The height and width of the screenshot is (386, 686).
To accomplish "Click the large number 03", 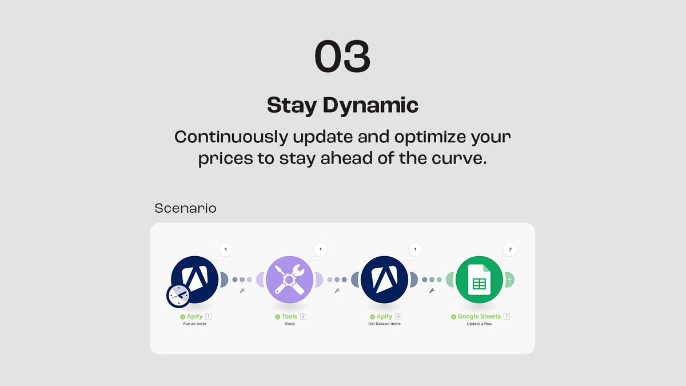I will coord(342,57).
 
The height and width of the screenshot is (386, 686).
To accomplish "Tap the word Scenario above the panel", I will coord(185,208).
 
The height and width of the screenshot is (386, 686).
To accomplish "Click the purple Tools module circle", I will coord(290,280).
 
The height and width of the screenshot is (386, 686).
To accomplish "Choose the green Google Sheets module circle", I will coord(479,280).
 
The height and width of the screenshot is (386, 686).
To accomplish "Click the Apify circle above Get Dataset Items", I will coord(384,280).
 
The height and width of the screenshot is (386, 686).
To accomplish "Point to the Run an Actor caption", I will coord(196,324).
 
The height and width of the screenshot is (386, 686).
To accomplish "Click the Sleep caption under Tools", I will coord(290,324).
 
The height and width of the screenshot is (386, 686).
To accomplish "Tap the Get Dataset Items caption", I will coord(384,324).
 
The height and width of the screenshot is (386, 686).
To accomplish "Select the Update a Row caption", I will coord(479,324).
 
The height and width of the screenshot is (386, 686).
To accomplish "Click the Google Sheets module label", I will coord(479,316).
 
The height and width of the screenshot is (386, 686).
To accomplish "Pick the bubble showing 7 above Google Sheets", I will coord(509,249).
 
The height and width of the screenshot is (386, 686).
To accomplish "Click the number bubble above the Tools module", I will coord(321,249).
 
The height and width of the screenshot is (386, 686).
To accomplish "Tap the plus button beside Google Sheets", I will coord(509,280).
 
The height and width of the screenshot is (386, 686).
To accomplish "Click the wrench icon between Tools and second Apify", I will coord(337,291).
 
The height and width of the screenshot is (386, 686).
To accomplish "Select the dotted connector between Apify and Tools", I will coord(242,280).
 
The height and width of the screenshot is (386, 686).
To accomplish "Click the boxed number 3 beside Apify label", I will coord(398,316).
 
